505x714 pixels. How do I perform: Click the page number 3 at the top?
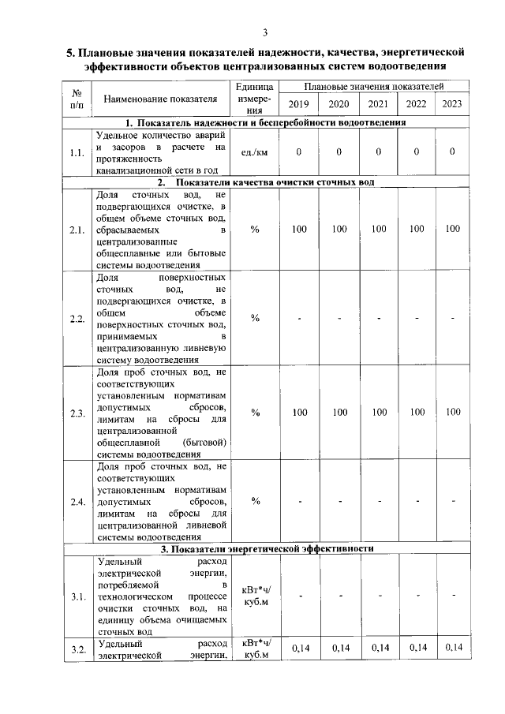266,32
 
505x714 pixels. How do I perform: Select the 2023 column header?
452,104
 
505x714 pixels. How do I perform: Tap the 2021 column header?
378,104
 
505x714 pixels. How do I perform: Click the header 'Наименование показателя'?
160,99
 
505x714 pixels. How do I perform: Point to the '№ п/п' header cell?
77,99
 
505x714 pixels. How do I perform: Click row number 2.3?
77,413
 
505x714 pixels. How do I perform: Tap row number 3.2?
77,649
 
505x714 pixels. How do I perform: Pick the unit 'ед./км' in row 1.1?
255,152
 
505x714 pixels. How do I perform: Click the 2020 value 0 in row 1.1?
339,152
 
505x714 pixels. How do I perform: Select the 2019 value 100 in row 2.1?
299,229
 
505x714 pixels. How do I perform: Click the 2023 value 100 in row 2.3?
452,412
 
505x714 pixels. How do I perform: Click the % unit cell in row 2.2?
255,318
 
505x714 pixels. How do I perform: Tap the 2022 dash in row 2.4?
415,502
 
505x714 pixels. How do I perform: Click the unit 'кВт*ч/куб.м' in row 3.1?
255,596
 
